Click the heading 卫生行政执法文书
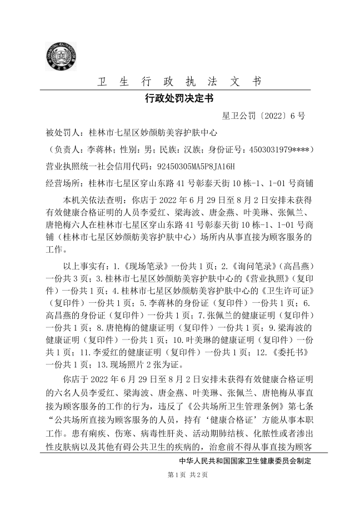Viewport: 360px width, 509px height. [179, 82]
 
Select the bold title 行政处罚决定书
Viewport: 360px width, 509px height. [179, 99]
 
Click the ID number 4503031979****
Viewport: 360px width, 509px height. [281, 149]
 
